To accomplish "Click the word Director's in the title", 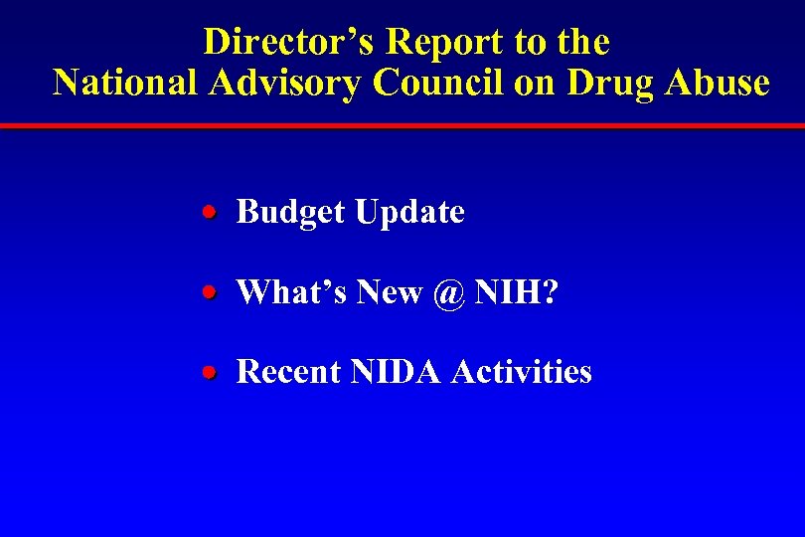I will pyautogui.click(x=289, y=42).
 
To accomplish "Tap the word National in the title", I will pyautogui.click(x=126, y=82).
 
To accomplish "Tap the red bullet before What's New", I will pyautogui.click(x=209, y=292).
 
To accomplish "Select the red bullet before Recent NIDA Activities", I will pyautogui.click(x=209, y=372).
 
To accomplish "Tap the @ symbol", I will pyautogui.click(x=448, y=292).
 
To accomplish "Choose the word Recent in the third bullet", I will pyautogui.click(x=289, y=372).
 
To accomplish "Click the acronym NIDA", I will pyautogui.click(x=396, y=372).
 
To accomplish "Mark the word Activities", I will pyautogui.click(x=522, y=372).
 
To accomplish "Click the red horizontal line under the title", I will pyautogui.click(x=402, y=126).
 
